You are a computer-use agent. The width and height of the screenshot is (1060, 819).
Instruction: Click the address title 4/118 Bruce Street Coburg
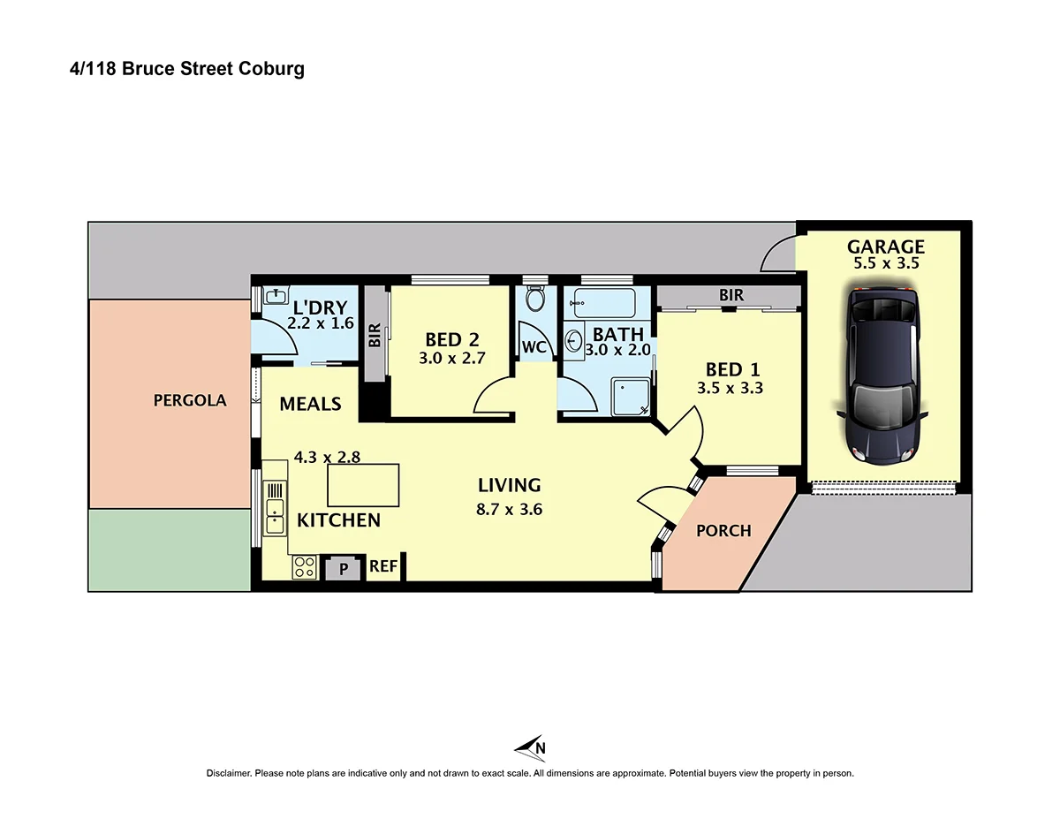186,69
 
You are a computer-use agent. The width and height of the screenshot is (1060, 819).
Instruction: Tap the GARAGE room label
886,247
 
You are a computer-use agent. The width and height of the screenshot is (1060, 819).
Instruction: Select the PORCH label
723,531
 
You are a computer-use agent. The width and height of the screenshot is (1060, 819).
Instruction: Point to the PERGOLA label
190,400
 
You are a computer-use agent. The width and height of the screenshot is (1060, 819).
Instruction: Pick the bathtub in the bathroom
604,303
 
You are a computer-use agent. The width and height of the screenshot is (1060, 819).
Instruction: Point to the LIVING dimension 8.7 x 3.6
509,508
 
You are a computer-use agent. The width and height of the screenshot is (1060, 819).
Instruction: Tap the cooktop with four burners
305,566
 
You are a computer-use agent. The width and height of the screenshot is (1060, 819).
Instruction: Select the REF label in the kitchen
382,566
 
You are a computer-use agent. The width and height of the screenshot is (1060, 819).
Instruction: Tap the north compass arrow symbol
532,747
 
